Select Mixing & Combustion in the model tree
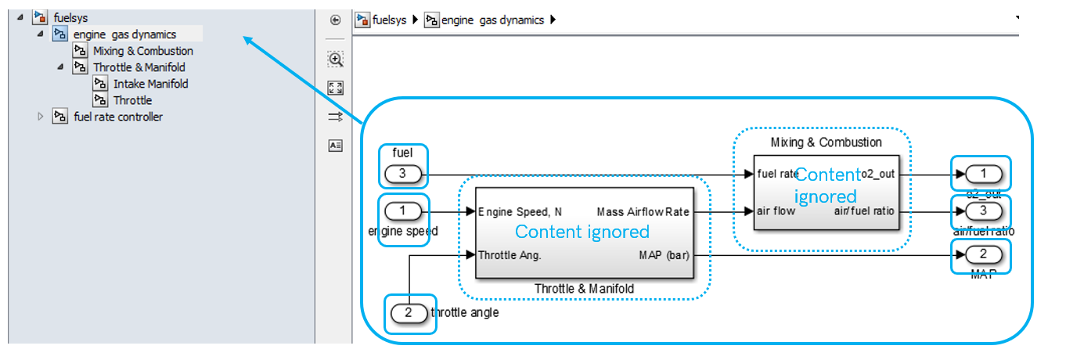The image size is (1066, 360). click(x=142, y=51)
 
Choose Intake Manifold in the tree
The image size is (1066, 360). click(x=150, y=84)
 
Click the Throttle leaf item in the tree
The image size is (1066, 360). click(x=132, y=100)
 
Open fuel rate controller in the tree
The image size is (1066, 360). click(x=117, y=117)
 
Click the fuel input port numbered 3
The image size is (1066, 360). click(x=402, y=174)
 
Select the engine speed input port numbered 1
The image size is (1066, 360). click(x=403, y=211)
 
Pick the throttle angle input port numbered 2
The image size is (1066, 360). click(x=409, y=314)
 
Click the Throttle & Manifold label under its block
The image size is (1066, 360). click(x=584, y=289)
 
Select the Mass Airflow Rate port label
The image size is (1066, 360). click(x=642, y=212)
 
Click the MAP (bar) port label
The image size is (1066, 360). click(x=662, y=254)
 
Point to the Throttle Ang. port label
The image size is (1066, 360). click(x=510, y=254)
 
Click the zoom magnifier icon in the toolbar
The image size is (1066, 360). click(x=335, y=59)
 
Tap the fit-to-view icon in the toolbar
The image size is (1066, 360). click(x=335, y=88)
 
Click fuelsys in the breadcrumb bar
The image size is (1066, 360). click(x=388, y=20)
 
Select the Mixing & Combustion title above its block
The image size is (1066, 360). click(x=826, y=142)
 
